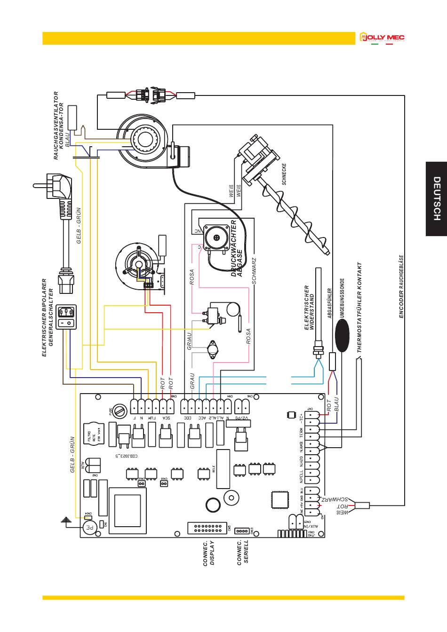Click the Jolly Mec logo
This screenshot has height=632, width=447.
coord(382,38)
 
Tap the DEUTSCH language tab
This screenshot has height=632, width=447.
coord(436,199)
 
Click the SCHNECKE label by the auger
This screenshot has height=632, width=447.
coord(284,174)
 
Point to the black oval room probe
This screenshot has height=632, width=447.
coord(343,336)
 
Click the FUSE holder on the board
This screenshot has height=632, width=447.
coord(120,411)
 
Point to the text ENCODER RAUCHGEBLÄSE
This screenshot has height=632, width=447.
coord(401,287)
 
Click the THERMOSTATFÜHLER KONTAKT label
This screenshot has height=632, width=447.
coord(359,308)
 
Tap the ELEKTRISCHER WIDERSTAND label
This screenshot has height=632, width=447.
coord(309,308)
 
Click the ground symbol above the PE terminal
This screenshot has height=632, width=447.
coord(67,520)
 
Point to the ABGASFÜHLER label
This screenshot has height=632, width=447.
coord(330,303)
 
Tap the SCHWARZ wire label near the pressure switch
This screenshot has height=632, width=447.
coord(254,270)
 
